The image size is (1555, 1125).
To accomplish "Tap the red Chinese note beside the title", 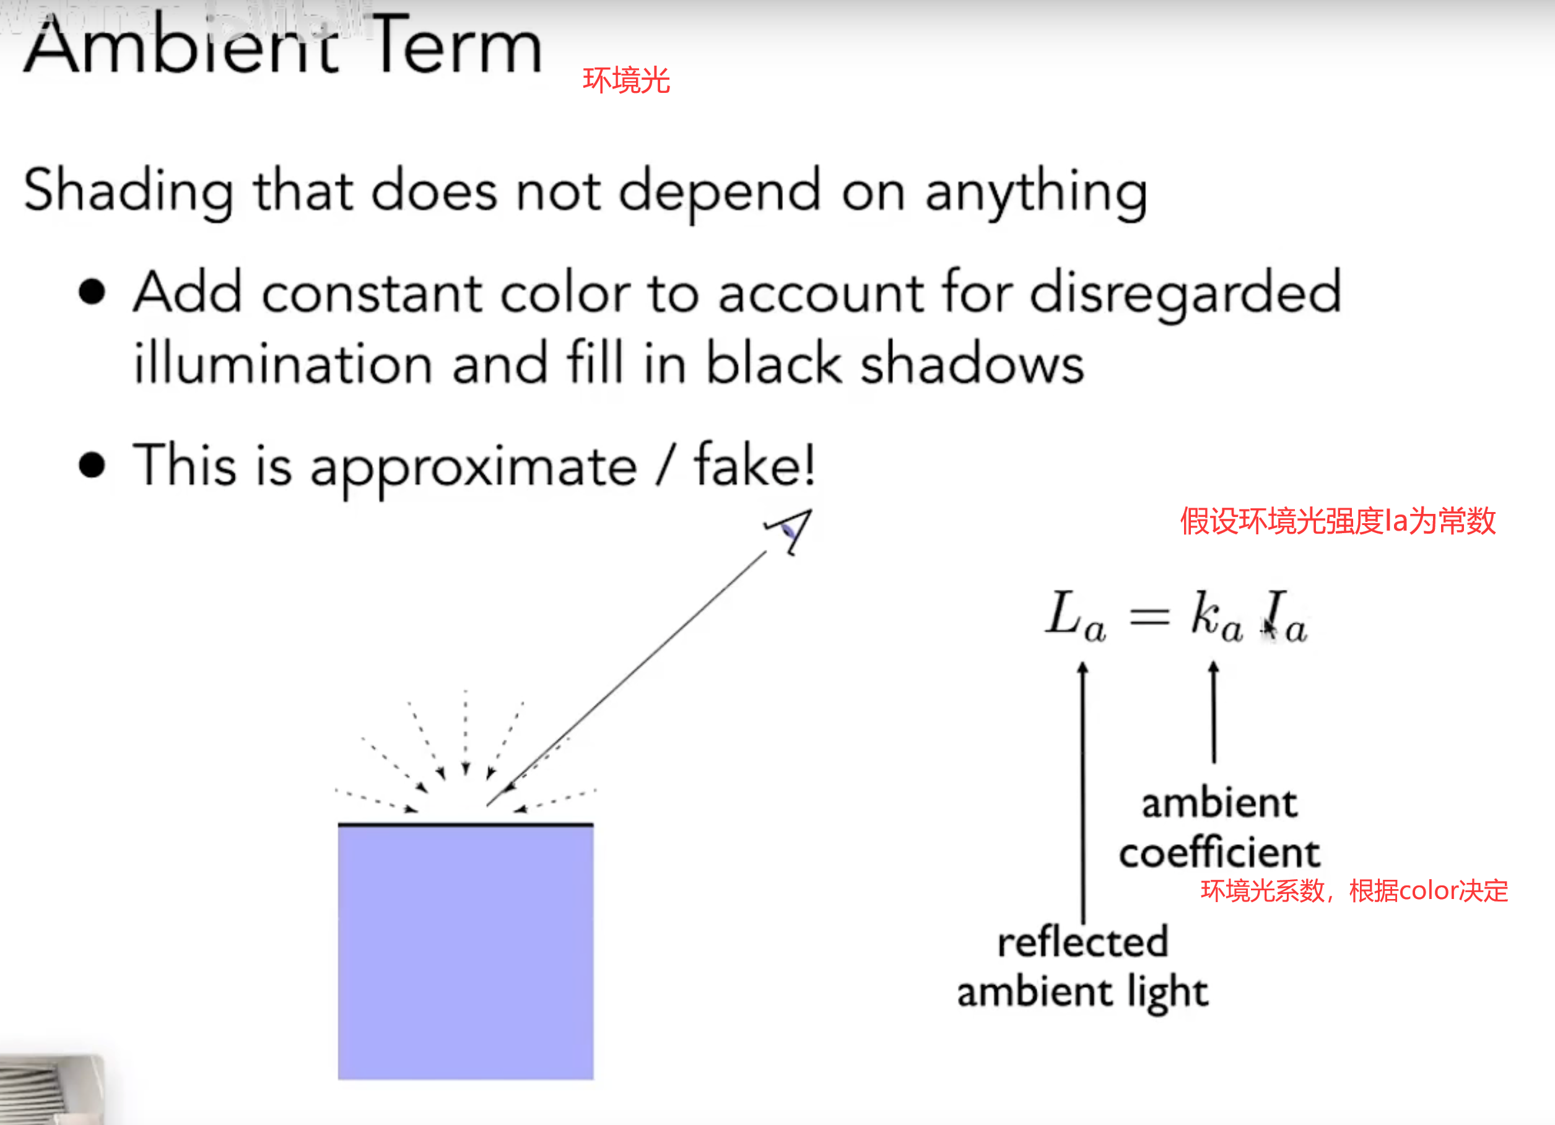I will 626,80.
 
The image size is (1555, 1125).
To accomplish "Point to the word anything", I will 1036,193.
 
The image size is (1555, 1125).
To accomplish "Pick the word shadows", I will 972,363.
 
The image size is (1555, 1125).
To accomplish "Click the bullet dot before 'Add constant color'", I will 92,292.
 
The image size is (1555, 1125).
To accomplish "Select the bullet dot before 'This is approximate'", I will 92,465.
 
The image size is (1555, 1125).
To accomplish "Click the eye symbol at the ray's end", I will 791,529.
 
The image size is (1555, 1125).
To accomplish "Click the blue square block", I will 466,952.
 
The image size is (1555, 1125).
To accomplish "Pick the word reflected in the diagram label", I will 1082,942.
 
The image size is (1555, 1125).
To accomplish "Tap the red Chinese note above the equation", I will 1338,521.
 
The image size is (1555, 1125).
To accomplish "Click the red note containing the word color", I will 1354,890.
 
